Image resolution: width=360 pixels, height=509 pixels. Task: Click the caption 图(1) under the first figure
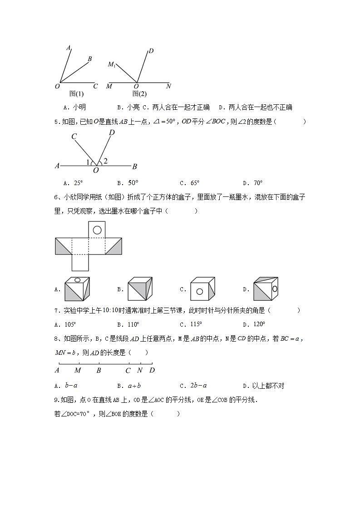pyautogui.click(x=76, y=94)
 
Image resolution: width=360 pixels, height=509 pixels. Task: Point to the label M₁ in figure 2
pyautogui.click(x=112, y=64)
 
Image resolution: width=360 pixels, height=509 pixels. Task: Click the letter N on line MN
pyautogui.click(x=168, y=86)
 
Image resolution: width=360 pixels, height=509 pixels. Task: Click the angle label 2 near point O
pyautogui.click(x=105, y=161)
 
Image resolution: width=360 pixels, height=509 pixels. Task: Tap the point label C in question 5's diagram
pyautogui.click(x=74, y=136)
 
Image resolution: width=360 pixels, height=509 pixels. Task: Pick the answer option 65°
pyautogui.click(x=195, y=183)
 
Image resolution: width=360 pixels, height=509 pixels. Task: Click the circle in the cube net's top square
pyautogui.click(x=97, y=230)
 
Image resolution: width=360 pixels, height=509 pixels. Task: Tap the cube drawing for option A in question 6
pyautogui.click(x=77, y=289)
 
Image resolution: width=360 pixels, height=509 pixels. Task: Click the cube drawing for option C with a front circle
pyautogui.click(x=202, y=289)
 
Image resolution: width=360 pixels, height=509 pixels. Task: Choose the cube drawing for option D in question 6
pyautogui.click(x=265, y=289)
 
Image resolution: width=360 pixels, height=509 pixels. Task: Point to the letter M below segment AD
pyautogui.click(x=78, y=370)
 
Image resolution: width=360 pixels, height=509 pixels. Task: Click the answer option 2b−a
pyautogui.click(x=199, y=386)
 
